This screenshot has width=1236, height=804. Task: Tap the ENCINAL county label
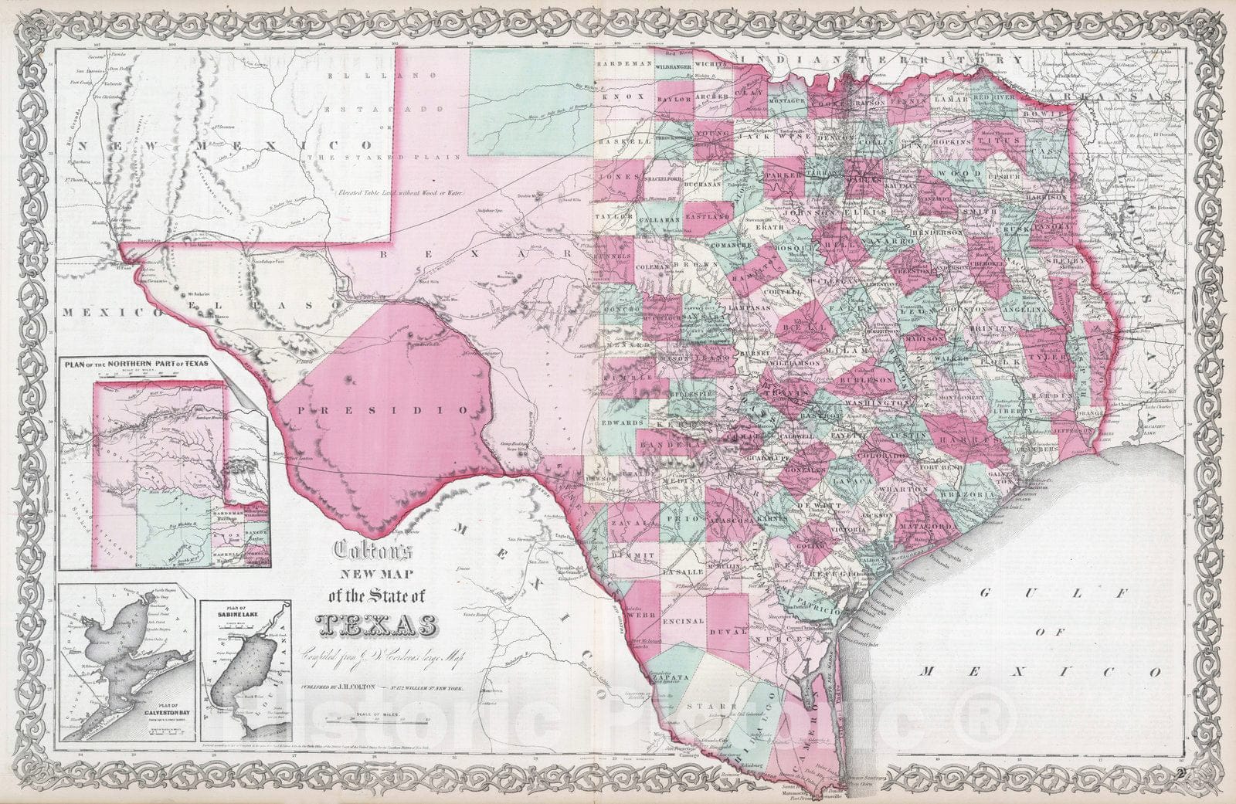click(x=684, y=620)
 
